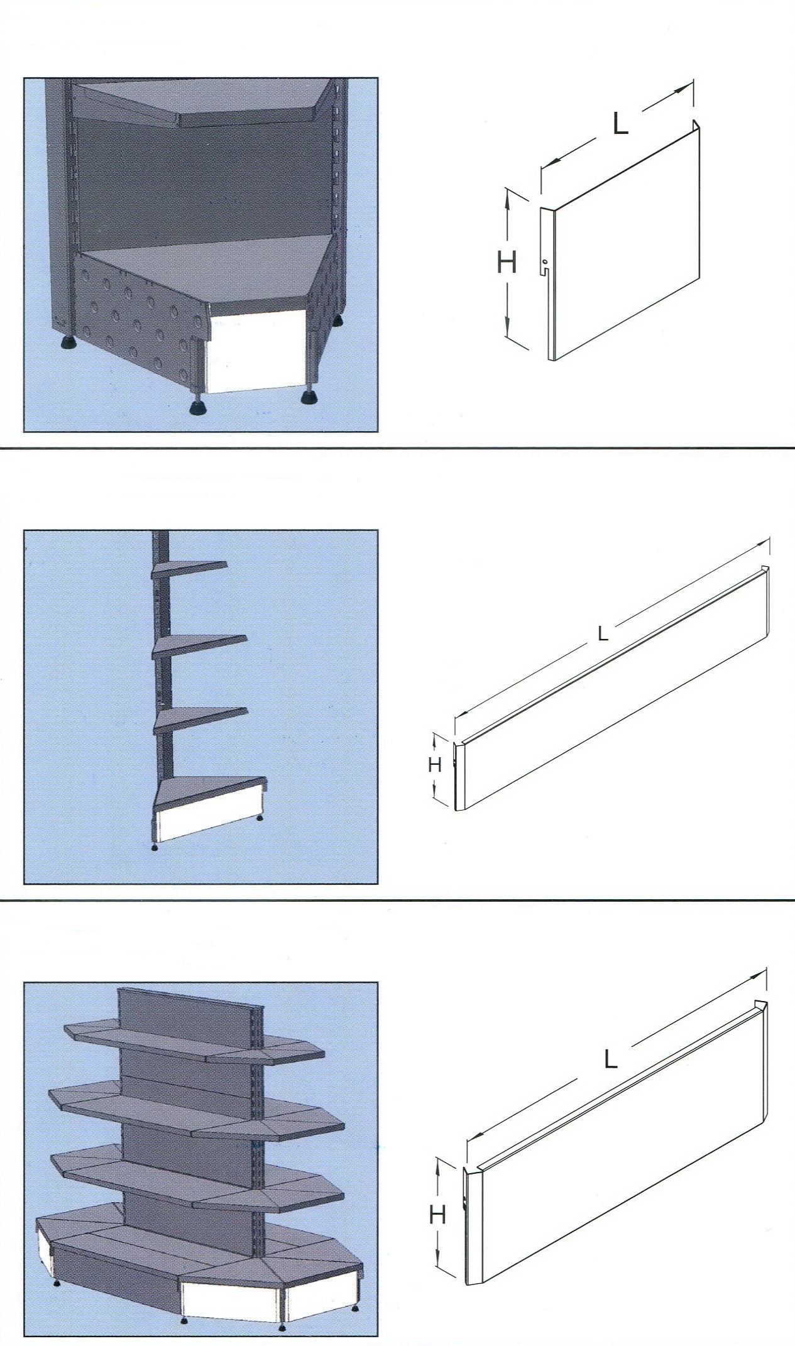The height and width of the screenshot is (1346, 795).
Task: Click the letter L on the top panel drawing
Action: [620, 124]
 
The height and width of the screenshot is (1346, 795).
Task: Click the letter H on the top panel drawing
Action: [507, 262]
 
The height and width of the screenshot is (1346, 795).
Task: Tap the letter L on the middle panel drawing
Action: [603, 634]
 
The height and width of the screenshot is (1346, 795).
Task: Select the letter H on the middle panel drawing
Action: [434, 764]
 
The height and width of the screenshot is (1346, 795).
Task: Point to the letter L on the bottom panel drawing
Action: [610, 1060]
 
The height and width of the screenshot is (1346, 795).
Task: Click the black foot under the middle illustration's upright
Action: [155, 846]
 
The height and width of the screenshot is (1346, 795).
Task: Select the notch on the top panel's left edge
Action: [545, 271]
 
